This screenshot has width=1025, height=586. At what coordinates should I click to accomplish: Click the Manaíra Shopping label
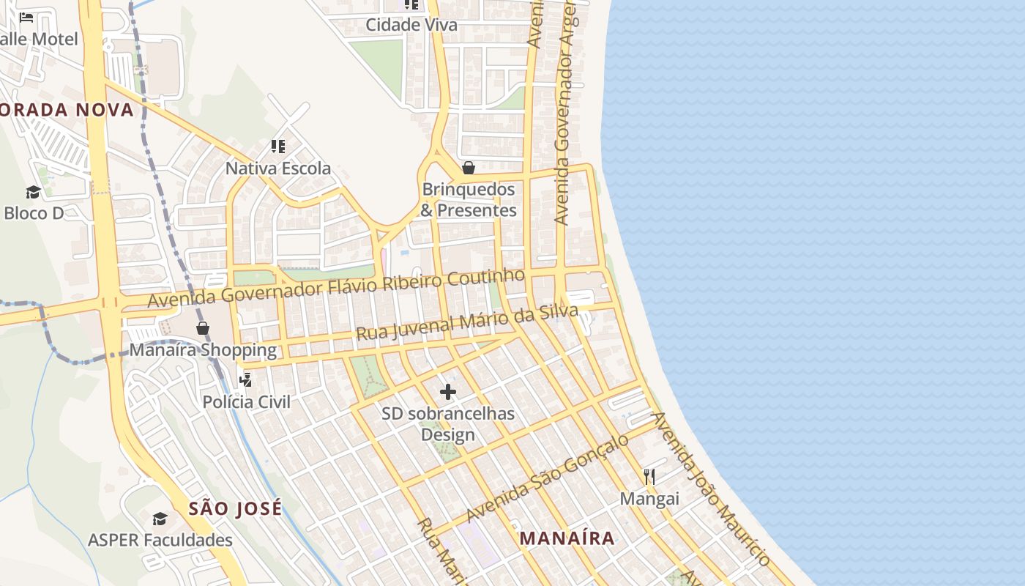tap(204, 349)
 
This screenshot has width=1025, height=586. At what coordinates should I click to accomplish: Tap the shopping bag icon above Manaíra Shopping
tap(203, 327)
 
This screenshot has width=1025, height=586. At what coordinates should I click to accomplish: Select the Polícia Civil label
tap(246, 401)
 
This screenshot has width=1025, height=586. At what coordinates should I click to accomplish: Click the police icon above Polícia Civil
tap(246, 379)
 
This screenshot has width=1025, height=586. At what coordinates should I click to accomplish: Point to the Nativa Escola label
tap(278, 168)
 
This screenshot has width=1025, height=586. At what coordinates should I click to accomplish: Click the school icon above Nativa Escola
tap(277, 146)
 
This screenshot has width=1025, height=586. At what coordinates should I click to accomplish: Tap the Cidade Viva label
tap(411, 25)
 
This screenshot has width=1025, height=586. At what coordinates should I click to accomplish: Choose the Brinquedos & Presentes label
tap(469, 200)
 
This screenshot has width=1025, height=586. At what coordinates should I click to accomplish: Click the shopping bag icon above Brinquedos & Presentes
tap(469, 168)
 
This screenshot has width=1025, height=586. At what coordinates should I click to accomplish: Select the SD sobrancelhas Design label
tap(448, 424)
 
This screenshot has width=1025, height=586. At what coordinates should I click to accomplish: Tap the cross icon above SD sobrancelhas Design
tap(448, 392)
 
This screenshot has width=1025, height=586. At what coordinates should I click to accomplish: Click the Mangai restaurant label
tap(649, 499)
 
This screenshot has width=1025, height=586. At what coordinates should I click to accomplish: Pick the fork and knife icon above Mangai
tap(649, 477)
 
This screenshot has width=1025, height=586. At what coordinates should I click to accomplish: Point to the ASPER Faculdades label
tap(160, 541)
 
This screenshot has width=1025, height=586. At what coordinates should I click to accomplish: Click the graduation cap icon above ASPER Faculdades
tap(160, 519)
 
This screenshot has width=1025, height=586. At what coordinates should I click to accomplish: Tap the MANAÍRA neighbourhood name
tap(567, 538)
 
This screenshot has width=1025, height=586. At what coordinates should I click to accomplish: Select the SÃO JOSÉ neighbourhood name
tap(235, 508)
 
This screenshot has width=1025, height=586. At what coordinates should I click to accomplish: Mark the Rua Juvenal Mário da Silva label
tap(467, 322)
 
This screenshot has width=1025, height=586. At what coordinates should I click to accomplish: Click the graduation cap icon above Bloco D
tap(33, 192)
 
